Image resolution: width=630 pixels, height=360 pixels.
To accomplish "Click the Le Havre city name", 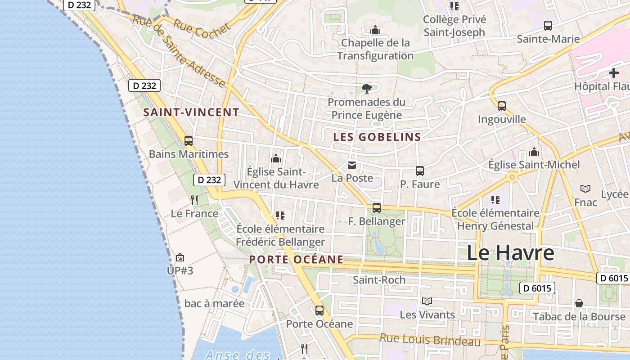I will point(510,253).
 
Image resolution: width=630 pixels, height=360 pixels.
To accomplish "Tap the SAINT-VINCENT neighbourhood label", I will point(191,112).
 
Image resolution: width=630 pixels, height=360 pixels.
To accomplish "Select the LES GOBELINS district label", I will point(377,137).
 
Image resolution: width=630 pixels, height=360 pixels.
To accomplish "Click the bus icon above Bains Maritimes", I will point(189,141).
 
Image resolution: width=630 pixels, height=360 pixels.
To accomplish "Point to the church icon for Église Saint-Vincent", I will point(276,158).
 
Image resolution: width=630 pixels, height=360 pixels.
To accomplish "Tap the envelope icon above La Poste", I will point(352,166).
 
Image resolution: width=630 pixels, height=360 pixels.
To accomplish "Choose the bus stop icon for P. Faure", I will point(420,171).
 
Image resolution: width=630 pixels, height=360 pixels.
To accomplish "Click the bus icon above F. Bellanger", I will point(377,208).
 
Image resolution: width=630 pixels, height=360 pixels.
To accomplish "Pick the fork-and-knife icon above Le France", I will point(194,200).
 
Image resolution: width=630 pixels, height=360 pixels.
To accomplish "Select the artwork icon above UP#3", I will point(180,257).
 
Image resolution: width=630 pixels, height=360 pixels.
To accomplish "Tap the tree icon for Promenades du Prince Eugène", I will point(366,89).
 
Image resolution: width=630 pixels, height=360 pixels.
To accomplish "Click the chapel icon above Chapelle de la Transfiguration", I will point(375,30).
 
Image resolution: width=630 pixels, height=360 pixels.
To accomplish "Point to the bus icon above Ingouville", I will point(502,106).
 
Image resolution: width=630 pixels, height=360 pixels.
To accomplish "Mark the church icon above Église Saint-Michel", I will point(534,152).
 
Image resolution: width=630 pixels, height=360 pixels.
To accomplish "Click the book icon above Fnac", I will point(585,189).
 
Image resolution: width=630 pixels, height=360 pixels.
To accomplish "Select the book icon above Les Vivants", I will point(427,301).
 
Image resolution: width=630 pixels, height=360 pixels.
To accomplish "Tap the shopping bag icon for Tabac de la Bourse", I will point(579,303).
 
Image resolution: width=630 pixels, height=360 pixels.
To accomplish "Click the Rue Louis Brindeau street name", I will point(430,340).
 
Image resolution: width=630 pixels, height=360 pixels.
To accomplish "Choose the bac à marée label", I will point(215,303).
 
